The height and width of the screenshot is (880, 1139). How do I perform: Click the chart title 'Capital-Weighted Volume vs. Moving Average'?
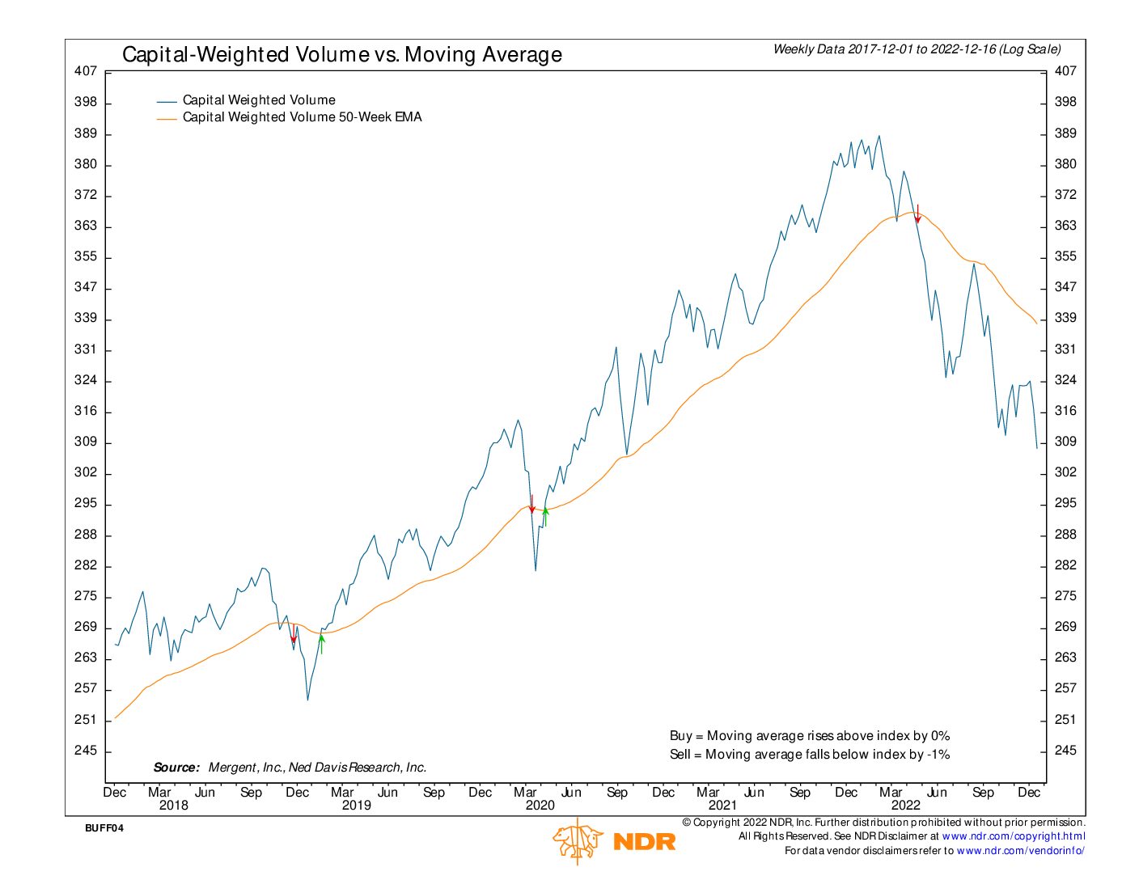(341, 55)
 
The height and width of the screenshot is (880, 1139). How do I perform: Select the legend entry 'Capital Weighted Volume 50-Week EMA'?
(302, 117)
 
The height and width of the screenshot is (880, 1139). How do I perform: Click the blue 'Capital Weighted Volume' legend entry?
(258, 100)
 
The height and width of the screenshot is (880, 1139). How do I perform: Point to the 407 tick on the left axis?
(86, 71)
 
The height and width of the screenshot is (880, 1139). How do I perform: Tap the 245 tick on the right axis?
(1065, 751)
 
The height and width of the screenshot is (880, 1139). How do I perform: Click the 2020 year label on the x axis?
(540, 805)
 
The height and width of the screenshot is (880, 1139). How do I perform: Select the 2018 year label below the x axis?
(173, 805)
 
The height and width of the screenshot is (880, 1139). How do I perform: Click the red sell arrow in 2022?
(917, 214)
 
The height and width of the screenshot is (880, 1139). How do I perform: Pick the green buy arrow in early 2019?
(321, 643)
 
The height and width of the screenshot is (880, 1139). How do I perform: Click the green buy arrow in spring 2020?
(545, 516)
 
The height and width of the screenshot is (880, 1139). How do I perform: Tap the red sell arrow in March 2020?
(531, 504)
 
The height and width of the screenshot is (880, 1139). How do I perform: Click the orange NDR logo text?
(644, 842)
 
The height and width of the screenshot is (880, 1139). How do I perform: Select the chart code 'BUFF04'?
(104, 828)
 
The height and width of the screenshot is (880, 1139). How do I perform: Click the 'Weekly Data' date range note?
(917, 49)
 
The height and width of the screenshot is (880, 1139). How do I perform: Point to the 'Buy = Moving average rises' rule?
(809, 736)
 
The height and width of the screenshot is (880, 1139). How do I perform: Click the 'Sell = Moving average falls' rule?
(809, 755)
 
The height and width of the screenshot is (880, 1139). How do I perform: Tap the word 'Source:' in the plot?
(176, 768)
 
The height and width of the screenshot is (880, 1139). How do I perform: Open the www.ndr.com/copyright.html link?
(1013, 836)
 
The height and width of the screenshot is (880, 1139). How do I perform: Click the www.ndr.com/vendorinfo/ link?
(1020, 851)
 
